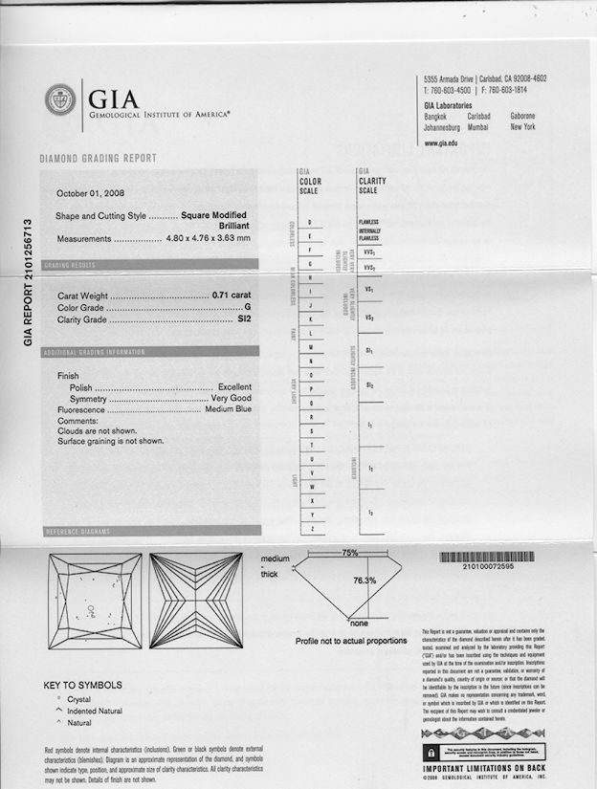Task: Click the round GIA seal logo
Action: pyautogui.click(x=60, y=99)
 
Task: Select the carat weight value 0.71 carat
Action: pyautogui.click(x=231, y=295)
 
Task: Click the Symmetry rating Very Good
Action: pyautogui.click(x=231, y=398)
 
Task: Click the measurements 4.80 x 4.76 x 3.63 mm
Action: pyautogui.click(x=208, y=238)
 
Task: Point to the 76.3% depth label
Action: pyautogui.click(x=365, y=581)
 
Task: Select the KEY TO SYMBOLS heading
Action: pyautogui.click(x=83, y=685)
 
